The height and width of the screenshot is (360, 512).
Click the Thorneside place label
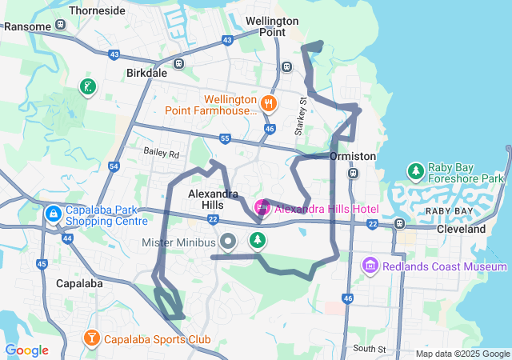click(x=97, y=11)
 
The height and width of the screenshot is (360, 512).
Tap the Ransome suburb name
click(x=27, y=26)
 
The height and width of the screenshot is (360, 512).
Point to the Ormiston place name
click(x=352, y=156)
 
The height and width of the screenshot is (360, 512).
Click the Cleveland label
click(x=461, y=229)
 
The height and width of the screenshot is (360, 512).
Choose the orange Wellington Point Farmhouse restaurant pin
click(x=268, y=102)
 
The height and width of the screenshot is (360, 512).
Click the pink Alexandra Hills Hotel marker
click(x=262, y=208)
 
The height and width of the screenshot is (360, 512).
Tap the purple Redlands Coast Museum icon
click(x=370, y=265)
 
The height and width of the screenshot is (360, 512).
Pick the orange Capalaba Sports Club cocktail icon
click(x=92, y=339)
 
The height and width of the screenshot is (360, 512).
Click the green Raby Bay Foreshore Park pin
click(x=415, y=171)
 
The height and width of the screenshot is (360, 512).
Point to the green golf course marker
click(x=87, y=86)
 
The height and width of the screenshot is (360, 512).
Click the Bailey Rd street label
click(x=162, y=152)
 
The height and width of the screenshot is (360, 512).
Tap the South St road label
click(x=369, y=349)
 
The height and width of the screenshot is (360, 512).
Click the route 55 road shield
click(x=226, y=139)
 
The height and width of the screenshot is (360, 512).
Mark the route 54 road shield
click(x=114, y=166)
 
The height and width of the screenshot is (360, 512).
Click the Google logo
click(x=27, y=350)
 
